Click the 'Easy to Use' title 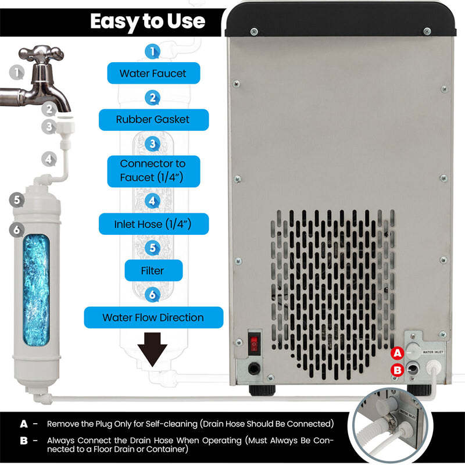(148, 22)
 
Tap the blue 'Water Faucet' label (153, 73)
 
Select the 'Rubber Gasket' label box (153, 120)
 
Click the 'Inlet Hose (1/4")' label (153, 224)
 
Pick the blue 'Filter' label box (153, 270)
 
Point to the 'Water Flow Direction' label (153, 317)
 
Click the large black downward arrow (152, 349)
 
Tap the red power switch (254, 344)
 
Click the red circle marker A (398, 353)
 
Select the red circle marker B (398, 370)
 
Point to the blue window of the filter (37, 290)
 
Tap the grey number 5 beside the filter (17, 200)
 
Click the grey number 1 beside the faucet (17, 72)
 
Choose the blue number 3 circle (152, 144)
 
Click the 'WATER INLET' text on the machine (433, 352)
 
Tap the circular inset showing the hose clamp (391, 425)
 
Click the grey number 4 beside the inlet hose (49, 159)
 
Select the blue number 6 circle (152, 295)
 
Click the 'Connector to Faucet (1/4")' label (153, 171)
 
